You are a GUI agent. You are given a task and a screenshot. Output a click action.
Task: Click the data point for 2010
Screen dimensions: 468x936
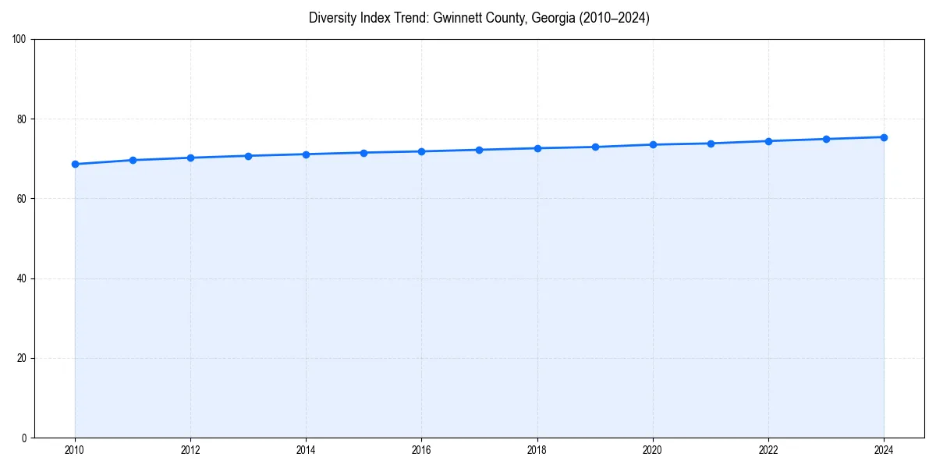[x=75, y=164]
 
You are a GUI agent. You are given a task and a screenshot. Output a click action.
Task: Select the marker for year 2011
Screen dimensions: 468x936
[x=133, y=160]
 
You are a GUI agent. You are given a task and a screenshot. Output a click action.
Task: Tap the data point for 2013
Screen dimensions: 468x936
[x=248, y=156]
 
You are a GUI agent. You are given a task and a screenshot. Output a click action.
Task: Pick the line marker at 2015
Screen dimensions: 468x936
[x=363, y=152]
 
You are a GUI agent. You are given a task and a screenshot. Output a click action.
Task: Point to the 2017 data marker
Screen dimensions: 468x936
[x=479, y=150]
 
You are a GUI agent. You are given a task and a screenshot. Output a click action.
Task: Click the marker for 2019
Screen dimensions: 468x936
[x=595, y=147]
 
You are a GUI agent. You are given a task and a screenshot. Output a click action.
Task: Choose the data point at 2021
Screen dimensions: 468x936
[x=711, y=144]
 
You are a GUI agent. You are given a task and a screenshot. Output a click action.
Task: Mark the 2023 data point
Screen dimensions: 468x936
[x=826, y=139]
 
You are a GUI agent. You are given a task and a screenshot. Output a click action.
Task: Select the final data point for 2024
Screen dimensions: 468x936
[x=884, y=137]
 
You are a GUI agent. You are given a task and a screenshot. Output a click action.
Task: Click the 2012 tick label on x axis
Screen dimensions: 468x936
[x=190, y=450]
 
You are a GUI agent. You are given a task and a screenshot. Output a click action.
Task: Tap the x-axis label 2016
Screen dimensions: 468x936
[x=421, y=450]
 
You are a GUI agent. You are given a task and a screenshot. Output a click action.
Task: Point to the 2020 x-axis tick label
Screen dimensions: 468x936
[x=653, y=450]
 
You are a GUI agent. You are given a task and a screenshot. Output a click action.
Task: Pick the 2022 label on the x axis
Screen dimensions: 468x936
[x=768, y=450]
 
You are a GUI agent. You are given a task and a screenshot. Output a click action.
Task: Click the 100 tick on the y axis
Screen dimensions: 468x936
[x=20, y=39]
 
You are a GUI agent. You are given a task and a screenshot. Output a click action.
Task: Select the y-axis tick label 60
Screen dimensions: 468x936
[x=23, y=199]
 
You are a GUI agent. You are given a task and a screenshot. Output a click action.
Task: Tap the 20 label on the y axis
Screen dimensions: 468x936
[x=23, y=358]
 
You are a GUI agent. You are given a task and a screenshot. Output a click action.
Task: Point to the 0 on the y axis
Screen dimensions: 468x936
[x=25, y=438]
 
